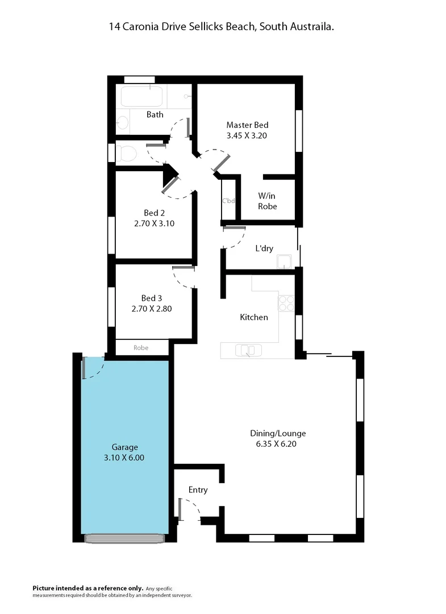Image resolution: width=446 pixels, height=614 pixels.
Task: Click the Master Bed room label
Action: pyautogui.click(x=247, y=125)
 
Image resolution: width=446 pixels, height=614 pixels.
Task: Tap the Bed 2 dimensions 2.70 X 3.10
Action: pyautogui.click(x=153, y=223)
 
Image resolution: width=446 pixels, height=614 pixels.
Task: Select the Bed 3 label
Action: pyautogui.click(x=152, y=298)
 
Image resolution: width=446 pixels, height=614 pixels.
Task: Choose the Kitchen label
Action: pyautogui.click(x=253, y=317)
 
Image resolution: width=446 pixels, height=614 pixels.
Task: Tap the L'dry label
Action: pyautogui.click(x=264, y=248)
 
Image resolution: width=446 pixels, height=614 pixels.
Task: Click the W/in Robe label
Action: pyautogui.click(x=268, y=201)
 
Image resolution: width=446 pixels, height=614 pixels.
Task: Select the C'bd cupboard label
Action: pyautogui.click(x=228, y=200)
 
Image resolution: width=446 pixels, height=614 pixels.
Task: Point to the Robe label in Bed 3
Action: pyautogui.click(x=141, y=347)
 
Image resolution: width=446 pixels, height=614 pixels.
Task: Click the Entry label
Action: pyautogui.click(x=198, y=490)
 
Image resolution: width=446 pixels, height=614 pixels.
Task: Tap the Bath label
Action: pyautogui.click(x=155, y=114)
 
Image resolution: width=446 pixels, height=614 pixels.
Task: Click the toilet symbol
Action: pyautogui.click(x=127, y=153)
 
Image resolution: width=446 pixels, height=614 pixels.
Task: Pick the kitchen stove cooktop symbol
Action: pyautogui.click(x=286, y=304)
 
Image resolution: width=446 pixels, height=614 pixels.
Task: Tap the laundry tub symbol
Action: pyautogui.click(x=284, y=262)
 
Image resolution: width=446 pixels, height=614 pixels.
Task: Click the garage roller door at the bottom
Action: pyautogui.click(x=124, y=538)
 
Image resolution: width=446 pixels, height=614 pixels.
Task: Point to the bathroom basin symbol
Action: pyautogui.click(x=121, y=121)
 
